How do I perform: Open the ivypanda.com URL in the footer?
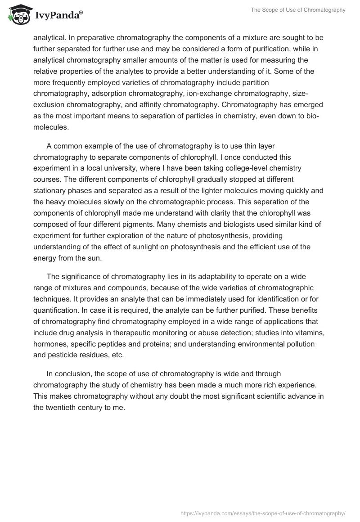263,513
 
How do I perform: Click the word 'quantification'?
56,310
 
